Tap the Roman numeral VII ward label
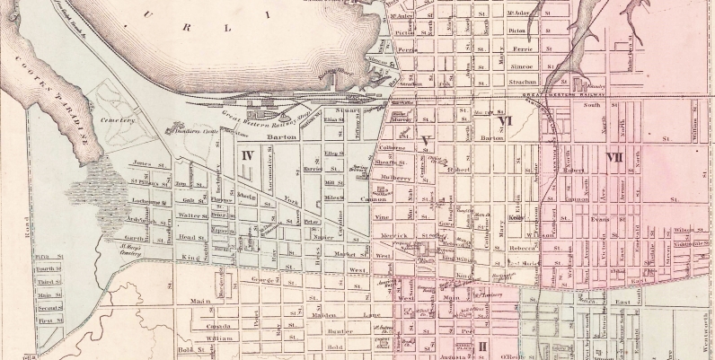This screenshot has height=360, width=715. (614, 157)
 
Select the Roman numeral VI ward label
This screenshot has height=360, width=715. (505, 121)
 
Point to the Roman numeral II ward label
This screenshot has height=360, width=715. (483, 347)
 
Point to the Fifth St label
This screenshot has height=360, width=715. (48, 257)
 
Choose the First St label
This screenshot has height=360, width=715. (48, 319)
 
